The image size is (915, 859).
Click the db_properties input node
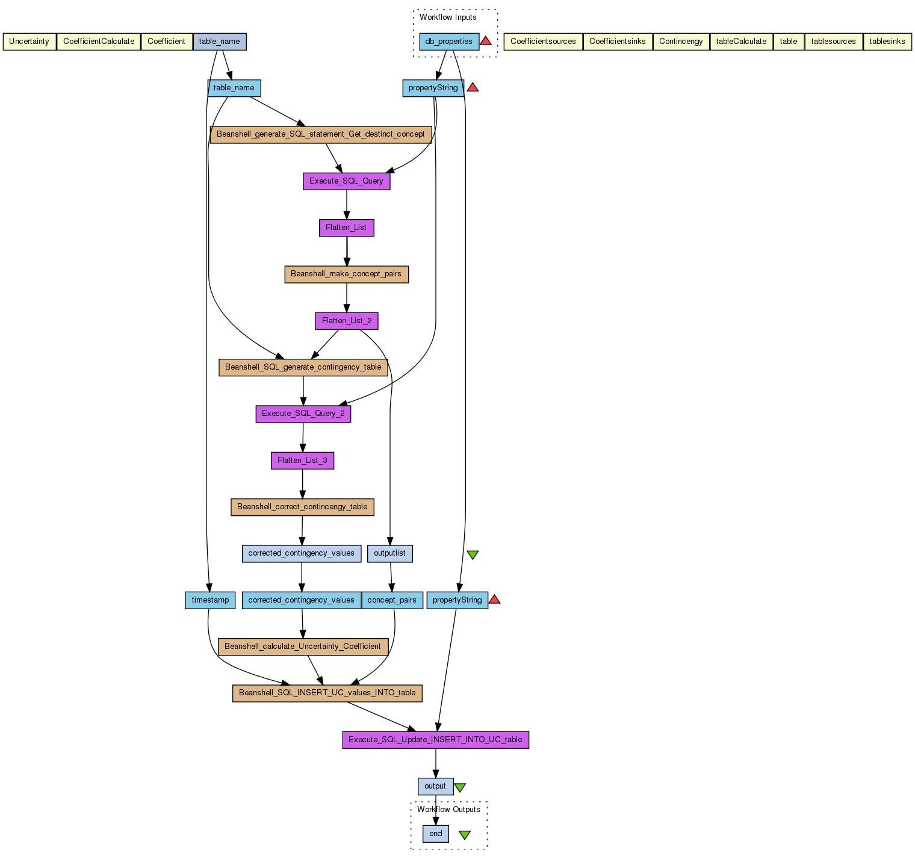(449, 42)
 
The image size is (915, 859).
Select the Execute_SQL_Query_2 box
(303, 414)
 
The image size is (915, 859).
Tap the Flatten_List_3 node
(302, 461)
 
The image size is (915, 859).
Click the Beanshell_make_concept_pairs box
(346, 274)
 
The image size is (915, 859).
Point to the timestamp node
(210, 600)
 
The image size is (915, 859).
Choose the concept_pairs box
(392, 600)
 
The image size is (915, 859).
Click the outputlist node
(389, 553)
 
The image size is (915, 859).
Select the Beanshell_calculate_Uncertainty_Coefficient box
(302, 647)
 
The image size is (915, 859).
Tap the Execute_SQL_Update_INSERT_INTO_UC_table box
(435, 740)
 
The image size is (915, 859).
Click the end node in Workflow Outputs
(435, 834)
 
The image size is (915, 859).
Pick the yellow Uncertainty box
(29, 42)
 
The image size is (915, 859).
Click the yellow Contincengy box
(681, 42)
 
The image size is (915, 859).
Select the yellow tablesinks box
(887, 42)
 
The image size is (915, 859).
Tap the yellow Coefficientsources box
(543, 42)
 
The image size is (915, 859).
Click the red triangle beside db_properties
(486, 41)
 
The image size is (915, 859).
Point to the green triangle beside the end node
(465, 834)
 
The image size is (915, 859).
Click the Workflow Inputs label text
(448, 17)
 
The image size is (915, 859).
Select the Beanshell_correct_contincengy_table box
(302, 507)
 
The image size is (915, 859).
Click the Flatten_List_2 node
(347, 321)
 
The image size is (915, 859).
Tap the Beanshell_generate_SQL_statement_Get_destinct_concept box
(320, 134)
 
